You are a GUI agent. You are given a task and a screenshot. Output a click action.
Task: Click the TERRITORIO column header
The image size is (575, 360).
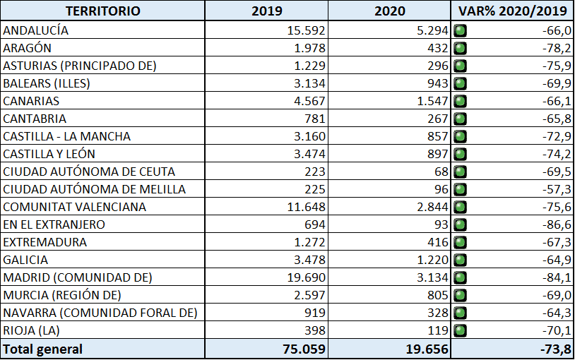(x=102, y=11)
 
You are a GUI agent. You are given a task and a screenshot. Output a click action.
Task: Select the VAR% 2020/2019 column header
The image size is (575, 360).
(x=514, y=11)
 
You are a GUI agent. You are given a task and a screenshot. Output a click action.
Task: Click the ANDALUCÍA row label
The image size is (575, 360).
(x=36, y=30)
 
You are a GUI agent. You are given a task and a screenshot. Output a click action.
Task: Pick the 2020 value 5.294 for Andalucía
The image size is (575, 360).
(x=432, y=30)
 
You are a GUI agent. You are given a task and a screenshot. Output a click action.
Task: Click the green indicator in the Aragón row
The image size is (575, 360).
(x=461, y=48)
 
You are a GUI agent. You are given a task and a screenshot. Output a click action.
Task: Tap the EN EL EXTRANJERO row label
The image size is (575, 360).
(x=54, y=224)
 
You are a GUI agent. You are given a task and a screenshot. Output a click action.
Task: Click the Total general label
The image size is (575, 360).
(x=43, y=349)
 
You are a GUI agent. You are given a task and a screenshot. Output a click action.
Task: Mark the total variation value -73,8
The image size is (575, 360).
(x=555, y=349)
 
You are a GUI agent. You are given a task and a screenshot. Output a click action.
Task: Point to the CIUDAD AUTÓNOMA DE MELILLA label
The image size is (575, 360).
(x=95, y=189)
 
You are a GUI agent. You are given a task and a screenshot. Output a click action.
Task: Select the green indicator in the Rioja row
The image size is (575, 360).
(x=461, y=330)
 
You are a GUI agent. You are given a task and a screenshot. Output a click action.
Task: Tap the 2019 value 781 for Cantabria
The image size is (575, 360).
(x=314, y=119)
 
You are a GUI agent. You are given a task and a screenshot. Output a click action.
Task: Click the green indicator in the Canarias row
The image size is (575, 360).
(x=461, y=101)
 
